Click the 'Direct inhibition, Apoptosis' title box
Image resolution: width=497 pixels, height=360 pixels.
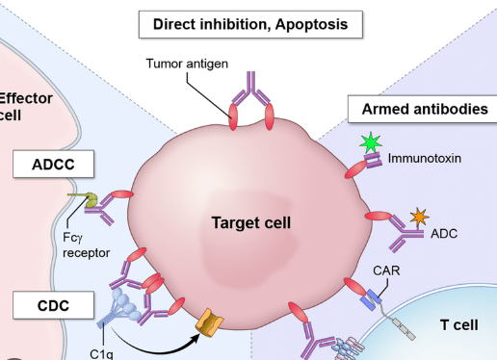click(x=250, y=24)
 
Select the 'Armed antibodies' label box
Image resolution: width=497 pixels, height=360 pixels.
click(x=423, y=109)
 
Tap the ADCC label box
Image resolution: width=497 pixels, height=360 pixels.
click(x=53, y=164)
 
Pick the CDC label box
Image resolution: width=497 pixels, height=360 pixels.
click(x=53, y=305)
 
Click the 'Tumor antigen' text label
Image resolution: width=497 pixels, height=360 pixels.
click(x=187, y=64)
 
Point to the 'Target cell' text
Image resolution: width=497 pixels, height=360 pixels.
click(x=251, y=222)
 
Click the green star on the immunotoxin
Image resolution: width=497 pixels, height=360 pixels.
click(x=371, y=142)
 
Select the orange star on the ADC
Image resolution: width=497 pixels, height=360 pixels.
click(x=419, y=217)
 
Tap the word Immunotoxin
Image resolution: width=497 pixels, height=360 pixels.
click(x=425, y=159)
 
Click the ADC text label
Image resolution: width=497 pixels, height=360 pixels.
click(x=444, y=234)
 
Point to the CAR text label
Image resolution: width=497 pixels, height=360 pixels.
click(x=386, y=270)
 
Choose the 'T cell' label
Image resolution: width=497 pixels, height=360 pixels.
click(x=459, y=325)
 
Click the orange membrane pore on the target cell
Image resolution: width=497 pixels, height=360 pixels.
click(x=210, y=322)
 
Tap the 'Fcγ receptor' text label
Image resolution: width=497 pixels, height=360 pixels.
click(x=86, y=245)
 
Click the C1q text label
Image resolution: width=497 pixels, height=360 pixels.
click(x=101, y=354)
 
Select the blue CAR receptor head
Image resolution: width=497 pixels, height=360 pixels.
click(x=371, y=300)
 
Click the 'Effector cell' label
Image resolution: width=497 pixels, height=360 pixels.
click(x=25, y=107)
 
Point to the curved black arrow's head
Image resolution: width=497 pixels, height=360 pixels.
click(x=196, y=339)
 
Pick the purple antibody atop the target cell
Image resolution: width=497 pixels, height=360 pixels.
click(x=251, y=90)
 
